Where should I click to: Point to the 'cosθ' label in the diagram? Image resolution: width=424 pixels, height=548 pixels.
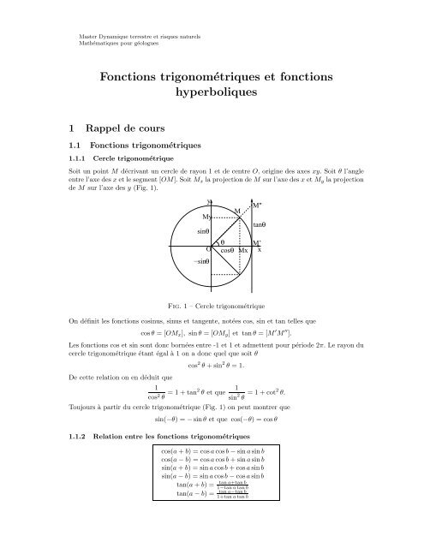point(227,251)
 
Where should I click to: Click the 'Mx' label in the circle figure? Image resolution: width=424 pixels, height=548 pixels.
point(244,251)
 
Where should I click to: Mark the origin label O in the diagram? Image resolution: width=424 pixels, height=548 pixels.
point(209,250)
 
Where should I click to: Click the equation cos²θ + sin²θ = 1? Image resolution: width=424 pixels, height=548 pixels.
point(212,363)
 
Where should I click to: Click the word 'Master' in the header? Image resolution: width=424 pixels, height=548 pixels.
point(81,35)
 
